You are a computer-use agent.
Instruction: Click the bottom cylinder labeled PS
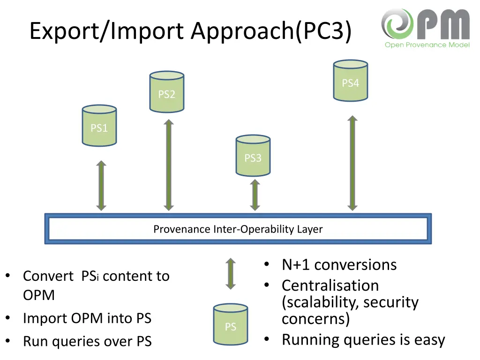[x=230, y=324]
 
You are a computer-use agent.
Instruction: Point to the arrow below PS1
[x=101, y=186]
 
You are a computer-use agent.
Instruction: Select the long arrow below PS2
[x=169, y=165]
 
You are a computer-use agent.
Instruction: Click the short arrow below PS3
[x=255, y=195]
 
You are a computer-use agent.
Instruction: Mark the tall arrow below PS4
[x=352, y=163]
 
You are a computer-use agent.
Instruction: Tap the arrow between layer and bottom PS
[x=230, y=273]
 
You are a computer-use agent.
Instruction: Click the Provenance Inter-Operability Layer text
[x=238, y=229]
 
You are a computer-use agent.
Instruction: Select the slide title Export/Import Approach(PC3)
[x=190, y=31]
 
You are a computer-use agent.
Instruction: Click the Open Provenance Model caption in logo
[x=427, y=45]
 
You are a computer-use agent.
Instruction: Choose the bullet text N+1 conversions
[x=339, y=265]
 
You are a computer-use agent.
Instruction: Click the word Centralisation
[x=330, y=285]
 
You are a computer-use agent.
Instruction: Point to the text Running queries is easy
[x=363, y=339]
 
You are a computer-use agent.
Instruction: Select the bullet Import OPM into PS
[x=87, y=318]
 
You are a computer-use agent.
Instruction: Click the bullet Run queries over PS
[x=87, y=342]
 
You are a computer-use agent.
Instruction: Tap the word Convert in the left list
[x=48, y=276]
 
